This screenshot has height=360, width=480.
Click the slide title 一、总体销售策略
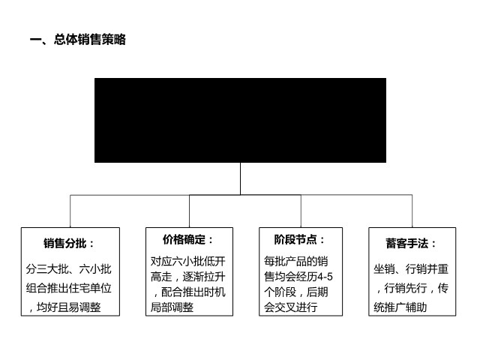78,40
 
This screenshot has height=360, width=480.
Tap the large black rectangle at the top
240,120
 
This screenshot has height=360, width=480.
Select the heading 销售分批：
69,243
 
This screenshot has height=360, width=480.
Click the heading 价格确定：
187,239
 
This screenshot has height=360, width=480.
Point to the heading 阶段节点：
299,239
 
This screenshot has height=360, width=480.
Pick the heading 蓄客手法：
411,243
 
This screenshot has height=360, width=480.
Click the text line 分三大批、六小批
68,269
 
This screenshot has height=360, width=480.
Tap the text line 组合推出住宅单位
68,288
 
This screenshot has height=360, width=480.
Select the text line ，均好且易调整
64,307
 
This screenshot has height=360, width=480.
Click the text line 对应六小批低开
188,261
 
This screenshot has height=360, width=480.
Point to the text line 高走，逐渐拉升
188,277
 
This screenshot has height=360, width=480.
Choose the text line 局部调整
172,307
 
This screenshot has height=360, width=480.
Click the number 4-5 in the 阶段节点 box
325,277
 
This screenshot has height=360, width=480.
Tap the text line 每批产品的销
296,261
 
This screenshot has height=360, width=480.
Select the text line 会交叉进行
290,307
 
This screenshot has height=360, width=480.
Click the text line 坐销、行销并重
411,269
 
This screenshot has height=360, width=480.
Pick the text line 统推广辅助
400,307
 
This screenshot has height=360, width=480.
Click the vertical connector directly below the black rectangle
240,178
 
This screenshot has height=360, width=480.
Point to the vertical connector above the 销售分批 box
70,211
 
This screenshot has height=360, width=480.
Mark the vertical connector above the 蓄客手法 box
412,211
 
